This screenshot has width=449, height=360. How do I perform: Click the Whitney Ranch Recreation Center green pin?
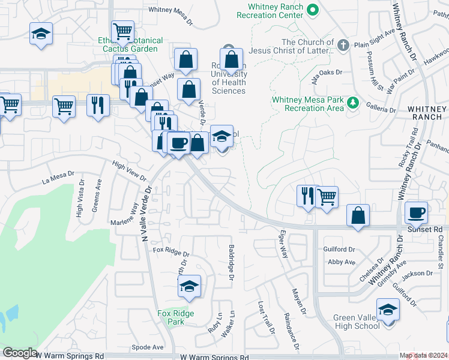tap(312, 10)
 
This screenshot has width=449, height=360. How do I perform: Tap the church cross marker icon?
tap(343, 46)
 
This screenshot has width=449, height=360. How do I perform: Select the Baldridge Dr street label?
tap(231, 262)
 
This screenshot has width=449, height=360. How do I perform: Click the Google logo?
tap(20, 353)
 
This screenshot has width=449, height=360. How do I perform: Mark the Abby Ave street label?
tap(342, 262)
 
